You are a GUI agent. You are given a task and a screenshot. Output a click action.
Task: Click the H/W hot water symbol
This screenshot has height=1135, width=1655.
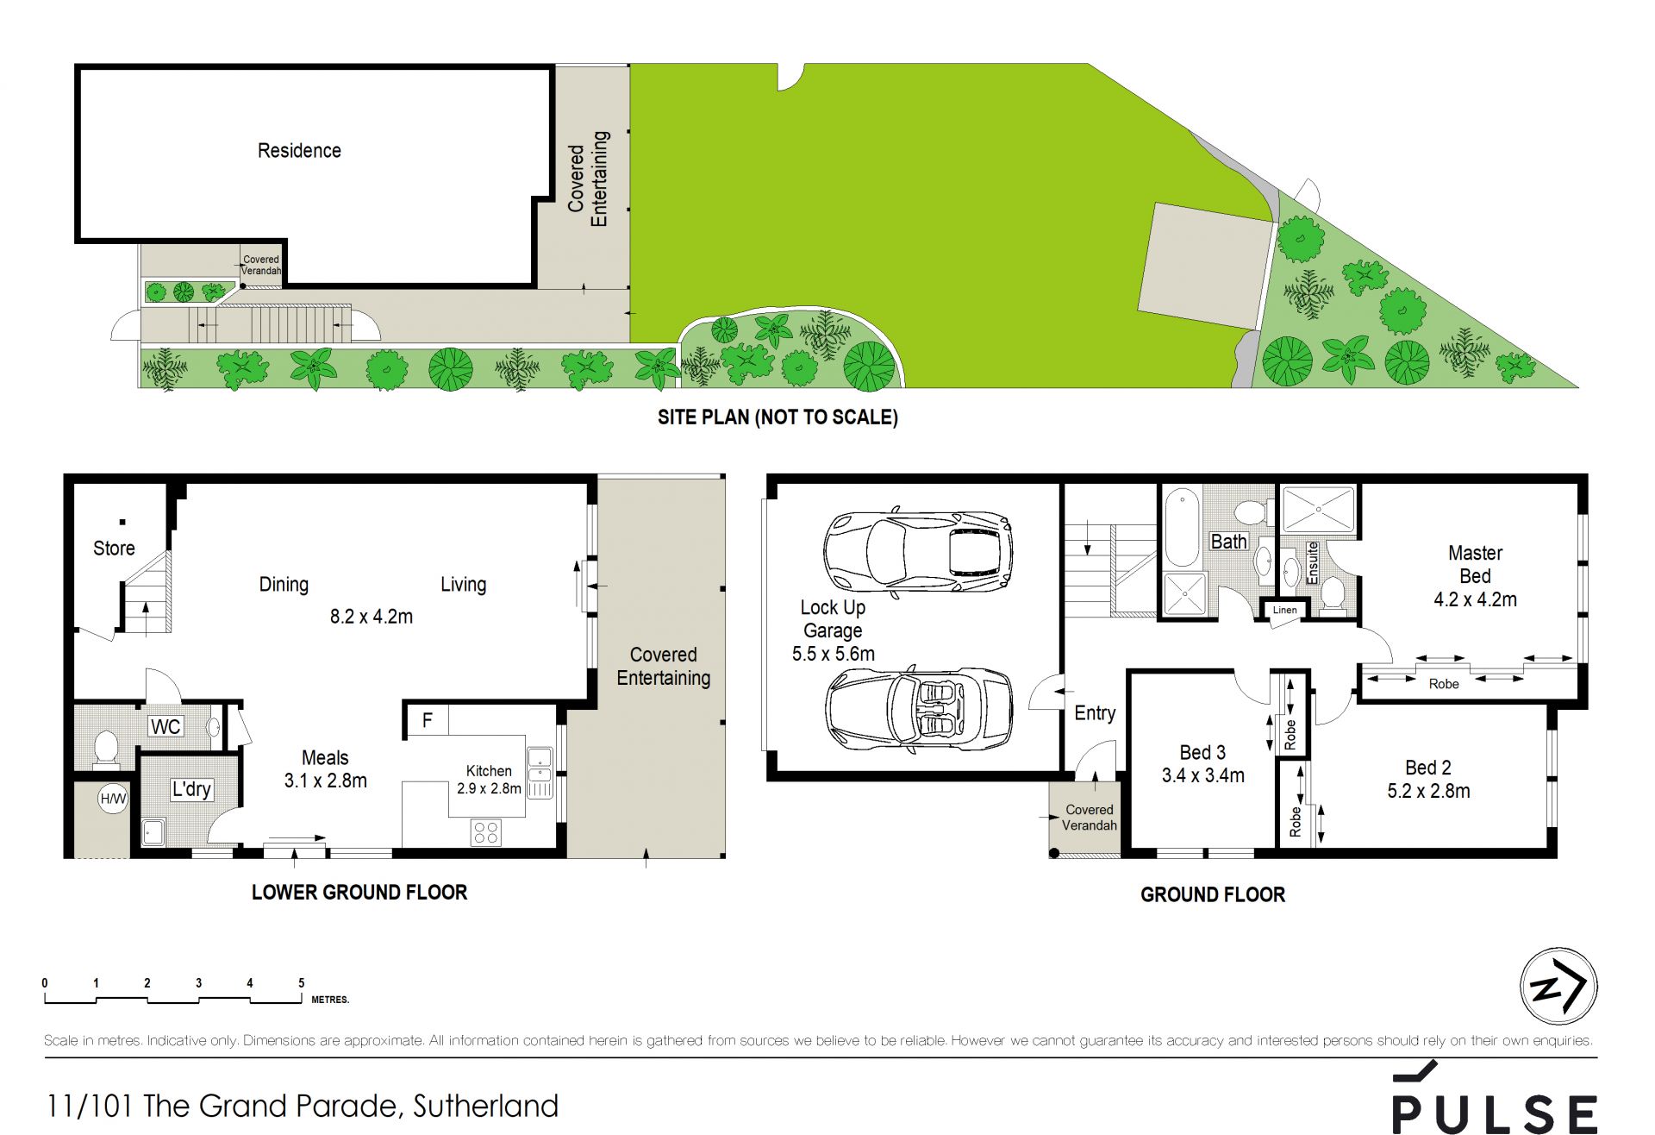(113, 799)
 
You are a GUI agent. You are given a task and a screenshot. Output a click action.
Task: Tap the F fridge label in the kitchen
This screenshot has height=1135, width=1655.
(427, 720)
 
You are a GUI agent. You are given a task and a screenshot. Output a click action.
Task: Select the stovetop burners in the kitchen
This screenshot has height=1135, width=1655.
(485, 832)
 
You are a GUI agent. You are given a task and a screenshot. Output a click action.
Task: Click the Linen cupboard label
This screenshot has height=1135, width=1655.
(1284, 610)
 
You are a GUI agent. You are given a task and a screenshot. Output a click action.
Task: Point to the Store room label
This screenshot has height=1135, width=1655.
(114, 549)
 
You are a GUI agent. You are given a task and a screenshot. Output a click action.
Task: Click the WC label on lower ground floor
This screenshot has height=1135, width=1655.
(165, 726)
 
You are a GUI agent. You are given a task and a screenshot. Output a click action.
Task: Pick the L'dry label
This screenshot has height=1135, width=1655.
(191, 789)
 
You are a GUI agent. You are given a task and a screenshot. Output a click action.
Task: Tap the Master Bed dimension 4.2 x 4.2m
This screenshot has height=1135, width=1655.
(1475, 599)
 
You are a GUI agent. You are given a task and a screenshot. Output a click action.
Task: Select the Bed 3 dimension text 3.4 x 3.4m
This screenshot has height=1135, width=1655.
(1202, 775)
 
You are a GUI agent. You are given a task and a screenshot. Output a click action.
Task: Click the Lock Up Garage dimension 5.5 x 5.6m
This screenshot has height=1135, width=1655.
(833, 654)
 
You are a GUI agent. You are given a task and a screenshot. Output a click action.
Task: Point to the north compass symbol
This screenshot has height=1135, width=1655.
(1558, 986)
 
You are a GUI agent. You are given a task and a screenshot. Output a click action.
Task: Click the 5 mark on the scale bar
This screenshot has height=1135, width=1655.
(302, 982)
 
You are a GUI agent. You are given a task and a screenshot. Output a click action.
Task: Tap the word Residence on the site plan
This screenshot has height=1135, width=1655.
(299, 151)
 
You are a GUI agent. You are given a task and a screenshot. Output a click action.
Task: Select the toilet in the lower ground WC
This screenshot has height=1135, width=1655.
(105, 748)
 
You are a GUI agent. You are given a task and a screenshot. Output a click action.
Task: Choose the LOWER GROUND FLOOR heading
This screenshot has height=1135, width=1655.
(359, 893)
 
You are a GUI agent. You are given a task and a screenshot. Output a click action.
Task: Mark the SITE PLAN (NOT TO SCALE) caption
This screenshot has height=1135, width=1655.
(778, 417)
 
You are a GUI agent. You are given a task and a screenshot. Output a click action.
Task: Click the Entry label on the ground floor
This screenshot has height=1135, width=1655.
(1095, 713)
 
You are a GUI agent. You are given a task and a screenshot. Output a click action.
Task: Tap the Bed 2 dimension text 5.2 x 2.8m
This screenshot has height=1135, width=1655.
(1428, 791)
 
